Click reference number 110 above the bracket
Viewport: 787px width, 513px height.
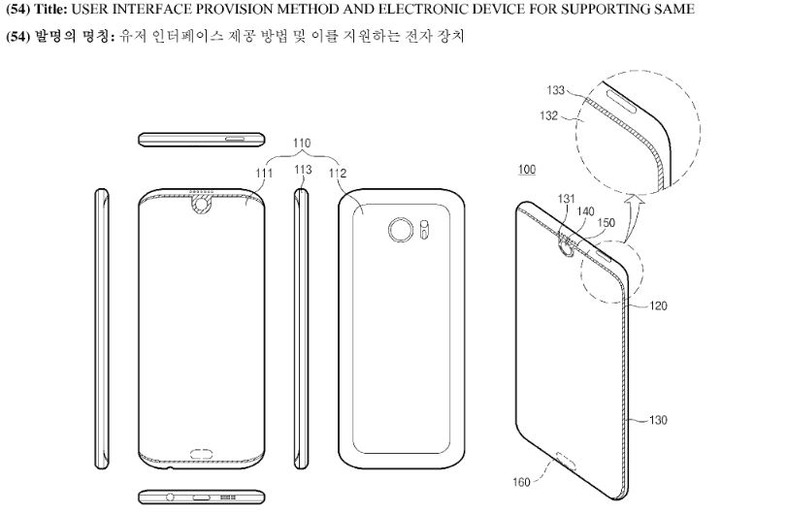(x=301, y=143)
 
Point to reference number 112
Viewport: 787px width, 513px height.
(x=338, y=173)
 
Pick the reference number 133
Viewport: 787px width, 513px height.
(x=556, y=91)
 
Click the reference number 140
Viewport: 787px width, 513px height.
(x=585, y=209)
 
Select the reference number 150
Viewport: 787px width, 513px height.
(x=608, y=223)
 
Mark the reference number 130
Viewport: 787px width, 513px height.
(x=658, y=420)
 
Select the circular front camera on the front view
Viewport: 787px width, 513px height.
(x=202, y=206)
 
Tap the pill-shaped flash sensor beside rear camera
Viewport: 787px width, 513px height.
(x=425, y=231)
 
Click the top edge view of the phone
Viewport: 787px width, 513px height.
(x=202, y=138)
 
